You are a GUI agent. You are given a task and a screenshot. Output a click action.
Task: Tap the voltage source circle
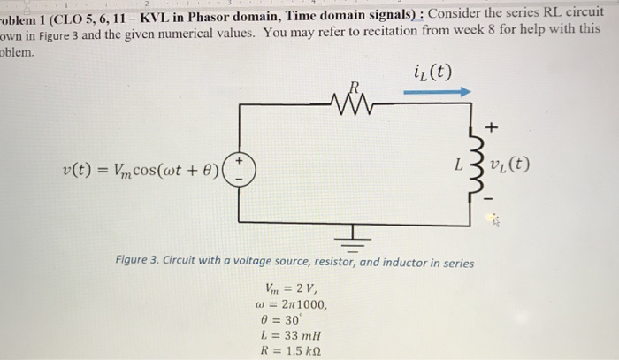click(x=238, y=169)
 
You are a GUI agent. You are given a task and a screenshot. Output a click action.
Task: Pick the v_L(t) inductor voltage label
click(x=512, y=164)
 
